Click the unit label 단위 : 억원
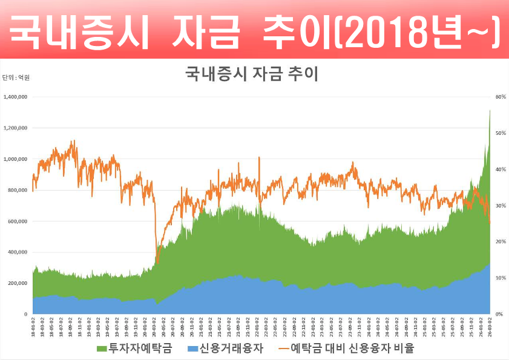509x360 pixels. pos(16,77)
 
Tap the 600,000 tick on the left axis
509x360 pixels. pos(18,221)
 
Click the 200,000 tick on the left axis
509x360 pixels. pos(18,283)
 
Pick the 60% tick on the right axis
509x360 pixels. pos(500,97)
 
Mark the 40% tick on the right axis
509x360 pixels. pos(500,169)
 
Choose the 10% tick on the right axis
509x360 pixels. pos(500,278)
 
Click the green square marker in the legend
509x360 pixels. pos(102,349)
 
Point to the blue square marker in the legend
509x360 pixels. pos(192,349)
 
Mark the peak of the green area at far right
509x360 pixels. pos(490,110)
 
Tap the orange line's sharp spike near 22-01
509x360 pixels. pos(259,157)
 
